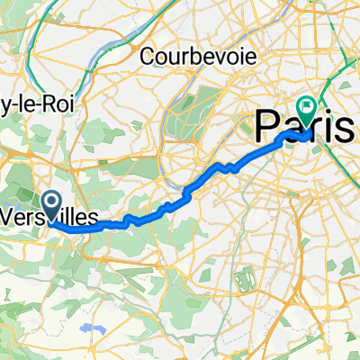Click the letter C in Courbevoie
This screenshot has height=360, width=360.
coord(148,56)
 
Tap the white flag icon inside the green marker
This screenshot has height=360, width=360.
coord(309,108)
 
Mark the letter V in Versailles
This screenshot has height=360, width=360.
coord(11,217)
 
